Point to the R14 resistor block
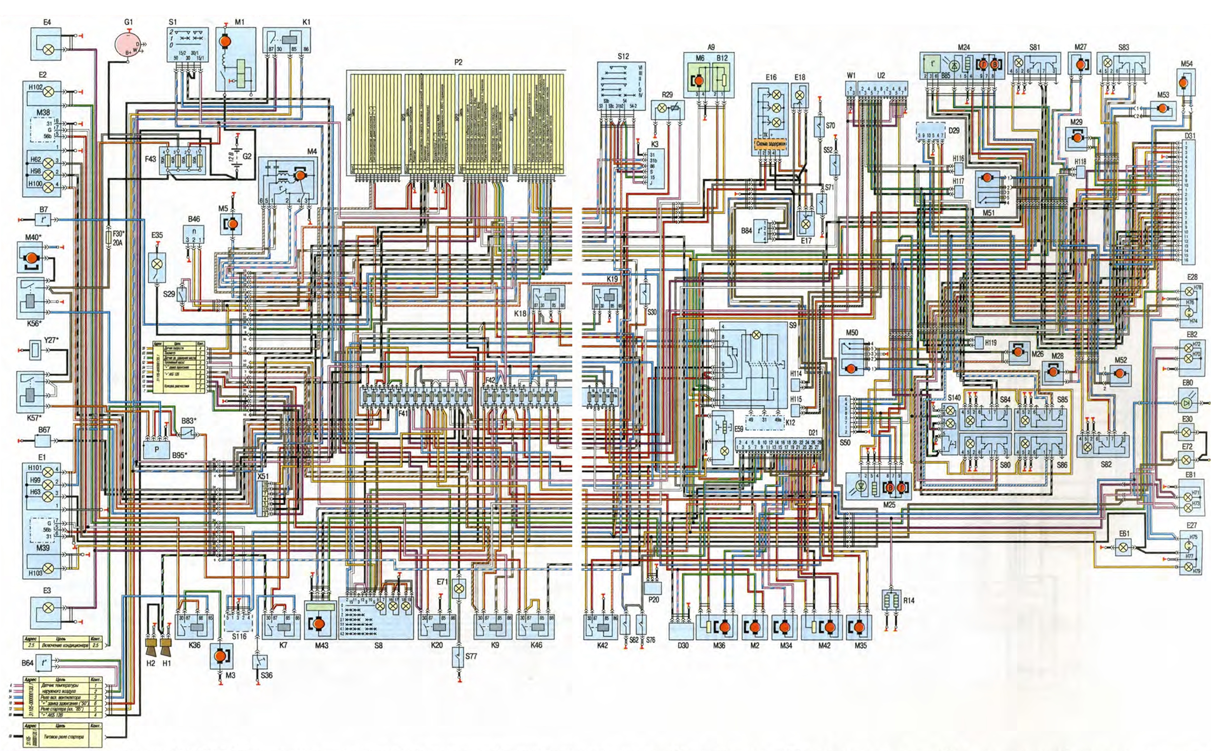pyautogui.click(x=892, y=600)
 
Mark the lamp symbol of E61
pyautogui.click(x=1123, y=548)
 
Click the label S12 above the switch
pyautogui.click(x=623, y=57)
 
